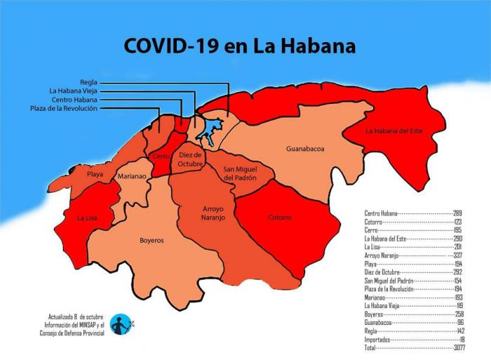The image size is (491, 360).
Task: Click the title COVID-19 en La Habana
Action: pyautogui.click(x=239, y=46)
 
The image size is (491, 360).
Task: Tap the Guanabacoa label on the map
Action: pyautogui.click(x=304, y=149)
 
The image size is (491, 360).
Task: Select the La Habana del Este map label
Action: pyautogui.click(x=394, y=131)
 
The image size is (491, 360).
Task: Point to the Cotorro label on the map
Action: pyautogui.click(x=279, y=218)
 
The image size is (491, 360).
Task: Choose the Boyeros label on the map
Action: pyautogui.click(x=151, y=240)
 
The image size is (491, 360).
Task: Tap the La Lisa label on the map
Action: pyautogui.click(x=87, y=218)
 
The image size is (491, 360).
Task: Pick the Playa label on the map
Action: pyautogui.click(x=95, y=173)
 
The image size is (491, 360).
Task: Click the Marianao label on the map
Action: pyautogui.click(x=132, y=177)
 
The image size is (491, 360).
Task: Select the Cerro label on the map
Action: pyautogui.click(x=160, y=155)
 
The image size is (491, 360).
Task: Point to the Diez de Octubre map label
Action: pyautogui.click(x=190, y=159)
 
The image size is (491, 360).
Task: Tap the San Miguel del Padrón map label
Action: pyautogui.click(x=240, y=173)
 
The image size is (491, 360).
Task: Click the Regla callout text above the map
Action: pyautogui.click(x=88, y=82)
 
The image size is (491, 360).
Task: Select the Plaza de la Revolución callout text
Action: pyautogui.click(x=64, y=108)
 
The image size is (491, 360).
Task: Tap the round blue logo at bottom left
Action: pyautogui.click(x=121, y=324)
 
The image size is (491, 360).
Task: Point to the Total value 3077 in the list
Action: pyautogui.click(x=463, y=347)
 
